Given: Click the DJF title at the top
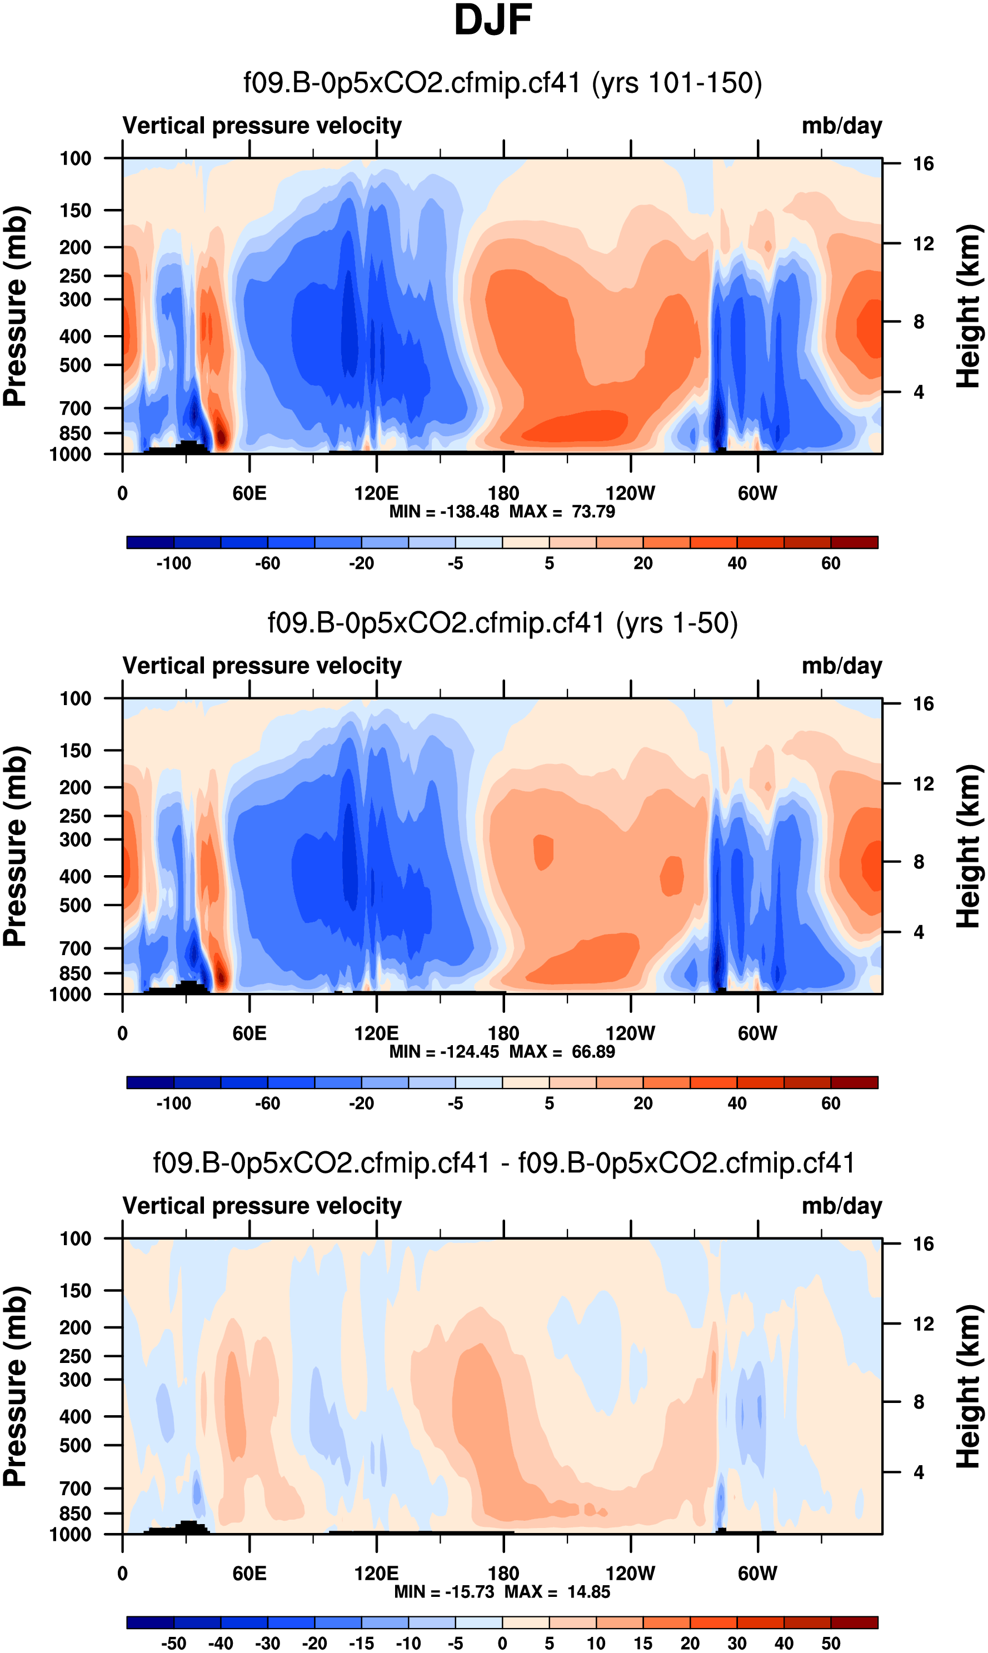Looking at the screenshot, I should click(x=493, y=20).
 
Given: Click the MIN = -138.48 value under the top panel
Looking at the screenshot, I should click(x=444, y=512).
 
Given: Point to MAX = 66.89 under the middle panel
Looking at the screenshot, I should click(x=562, y=1052).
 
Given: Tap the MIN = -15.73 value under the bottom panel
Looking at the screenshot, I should click(x=444, y=1592).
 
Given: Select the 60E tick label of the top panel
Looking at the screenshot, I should click(x=250, y=493).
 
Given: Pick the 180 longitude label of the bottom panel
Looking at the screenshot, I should click(x=503, y=1573).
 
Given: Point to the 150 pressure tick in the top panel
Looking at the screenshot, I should click(x=75, y=211).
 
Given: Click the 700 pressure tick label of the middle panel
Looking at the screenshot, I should click(x=75, y=948).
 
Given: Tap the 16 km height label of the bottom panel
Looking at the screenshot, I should click(x=923, y=1244).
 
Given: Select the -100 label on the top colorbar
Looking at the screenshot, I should click(x=174, y=563).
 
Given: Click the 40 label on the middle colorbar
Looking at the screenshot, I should click(x=737, y=1103).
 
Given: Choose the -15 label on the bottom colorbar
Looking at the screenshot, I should click(x=362, y=1643).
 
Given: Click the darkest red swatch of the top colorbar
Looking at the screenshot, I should click(x=854, y=542).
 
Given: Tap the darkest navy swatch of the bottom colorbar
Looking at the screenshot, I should click(x=151, y=1622).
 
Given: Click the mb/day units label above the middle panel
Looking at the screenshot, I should click(x=841, y=666).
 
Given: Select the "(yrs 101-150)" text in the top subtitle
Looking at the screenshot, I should click(x=676, y=83).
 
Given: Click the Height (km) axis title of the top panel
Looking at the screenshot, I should click(x=969, y=306).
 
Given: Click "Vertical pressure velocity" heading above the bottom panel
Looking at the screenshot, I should click(x=262, y=1206).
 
